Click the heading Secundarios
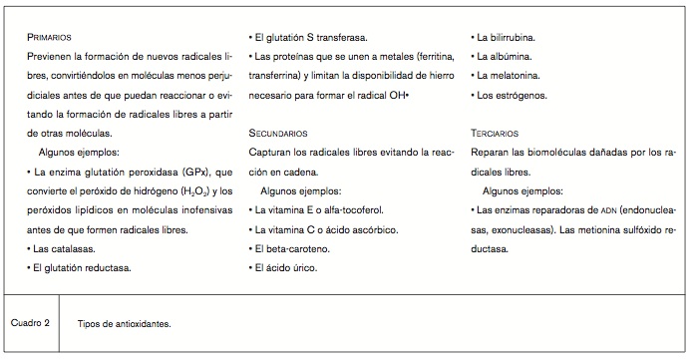point(280,133)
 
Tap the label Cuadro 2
point(31,322)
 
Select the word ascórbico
point(375,228)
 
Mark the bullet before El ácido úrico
point(250,267)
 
